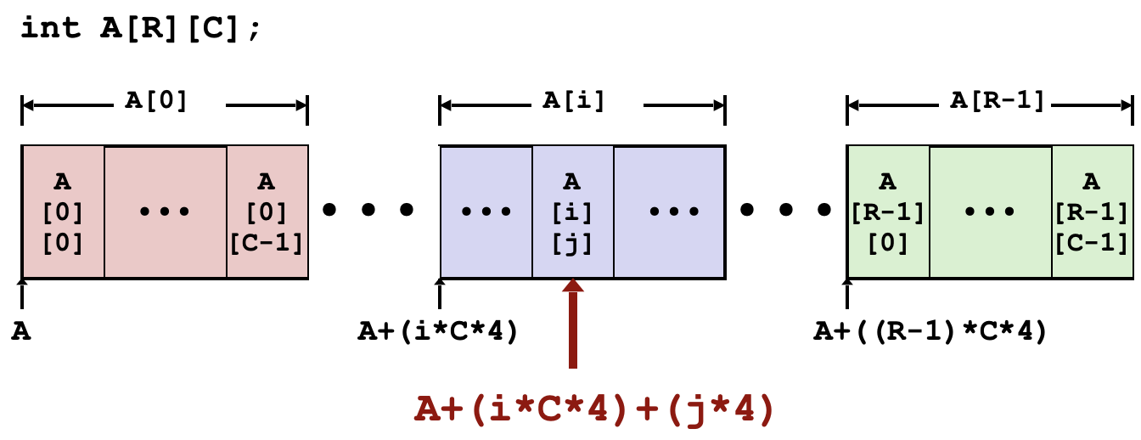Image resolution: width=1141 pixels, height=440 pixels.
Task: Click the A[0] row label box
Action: (170, 100)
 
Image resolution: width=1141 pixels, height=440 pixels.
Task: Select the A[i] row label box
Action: (587, 100)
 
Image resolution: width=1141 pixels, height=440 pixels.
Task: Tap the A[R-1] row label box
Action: (994, 100)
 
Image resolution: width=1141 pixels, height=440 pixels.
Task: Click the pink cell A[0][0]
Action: (64, 212)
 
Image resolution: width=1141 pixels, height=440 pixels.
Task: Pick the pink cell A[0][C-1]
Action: (267, 212)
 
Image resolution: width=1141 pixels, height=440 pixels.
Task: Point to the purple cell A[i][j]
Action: (572, 212)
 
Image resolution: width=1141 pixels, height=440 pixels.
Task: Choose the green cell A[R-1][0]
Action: (888, 212)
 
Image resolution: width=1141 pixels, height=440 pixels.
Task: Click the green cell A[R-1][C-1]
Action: (1092, 212)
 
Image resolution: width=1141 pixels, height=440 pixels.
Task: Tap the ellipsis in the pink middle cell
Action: (165, 212)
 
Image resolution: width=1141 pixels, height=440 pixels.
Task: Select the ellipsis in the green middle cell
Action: (990, 212)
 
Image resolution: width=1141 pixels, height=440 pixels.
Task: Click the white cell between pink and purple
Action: (374, 212)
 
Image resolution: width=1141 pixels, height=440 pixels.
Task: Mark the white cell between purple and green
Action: (785, 212)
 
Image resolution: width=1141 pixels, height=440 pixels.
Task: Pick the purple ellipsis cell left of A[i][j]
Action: (486, 212)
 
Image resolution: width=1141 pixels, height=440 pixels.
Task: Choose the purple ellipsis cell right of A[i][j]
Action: (669, 212)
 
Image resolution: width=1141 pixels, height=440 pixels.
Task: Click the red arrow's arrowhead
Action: (573, 286)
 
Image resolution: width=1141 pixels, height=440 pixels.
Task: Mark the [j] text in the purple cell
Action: (572, 244)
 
